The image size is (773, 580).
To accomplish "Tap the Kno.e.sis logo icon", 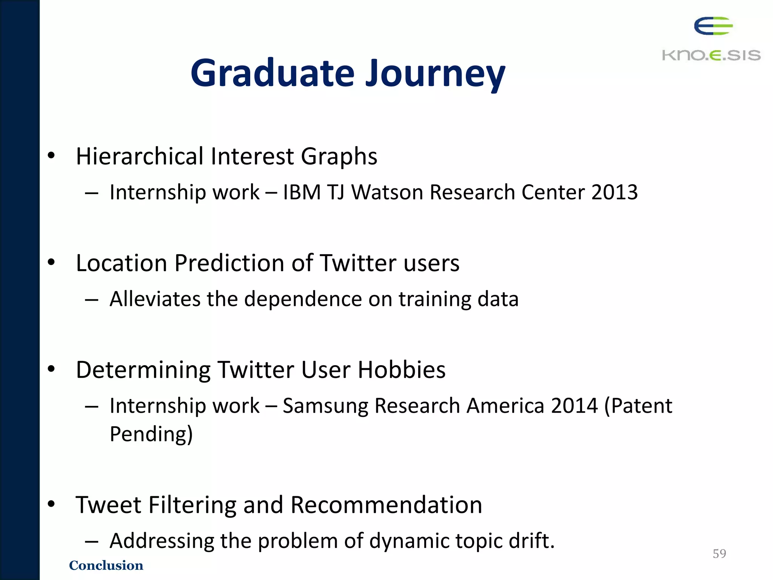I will (713, 26).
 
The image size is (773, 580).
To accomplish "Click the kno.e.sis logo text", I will (711, 56).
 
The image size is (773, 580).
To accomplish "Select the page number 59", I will (719, 554).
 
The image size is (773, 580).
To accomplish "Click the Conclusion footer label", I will (106, 565).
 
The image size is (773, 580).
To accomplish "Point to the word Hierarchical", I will (140, 156).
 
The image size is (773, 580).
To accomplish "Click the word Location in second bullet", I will (122, 263).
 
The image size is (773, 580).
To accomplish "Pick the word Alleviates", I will (155, 299).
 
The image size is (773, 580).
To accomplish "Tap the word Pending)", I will (151, 433).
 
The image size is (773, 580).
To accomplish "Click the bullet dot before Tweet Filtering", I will (52, 504).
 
